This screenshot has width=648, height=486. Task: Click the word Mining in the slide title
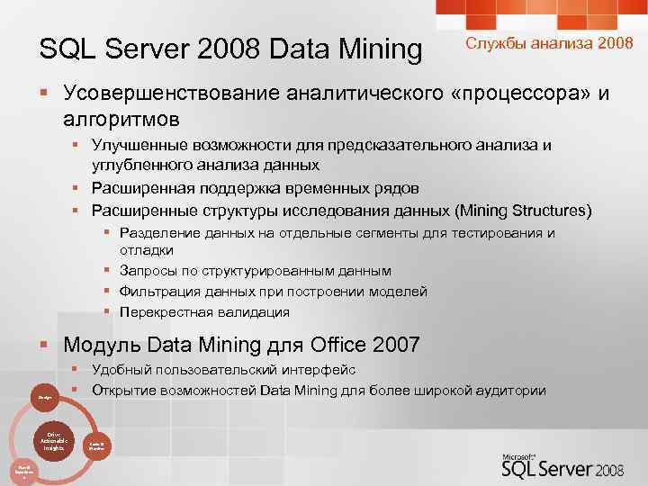374,51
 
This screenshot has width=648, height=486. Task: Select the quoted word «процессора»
518,93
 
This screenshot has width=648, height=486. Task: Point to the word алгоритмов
121,118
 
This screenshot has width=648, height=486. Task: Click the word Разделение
158,233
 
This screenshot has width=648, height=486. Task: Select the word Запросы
149,270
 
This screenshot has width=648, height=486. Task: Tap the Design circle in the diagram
43,396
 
